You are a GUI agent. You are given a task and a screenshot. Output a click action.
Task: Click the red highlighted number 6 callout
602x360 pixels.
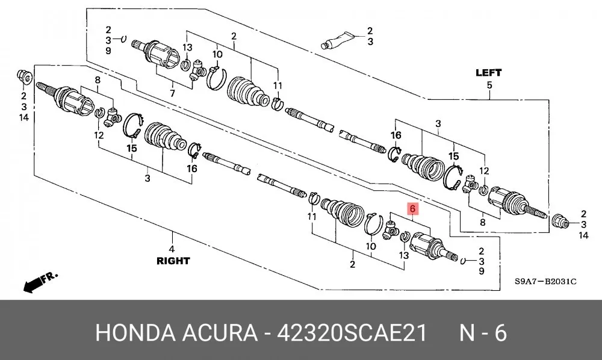[x=412, y=209]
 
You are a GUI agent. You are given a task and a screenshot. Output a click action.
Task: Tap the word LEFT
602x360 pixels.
[x=488, y=72]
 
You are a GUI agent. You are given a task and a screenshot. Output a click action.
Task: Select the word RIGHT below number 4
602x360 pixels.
[x=173, y=261]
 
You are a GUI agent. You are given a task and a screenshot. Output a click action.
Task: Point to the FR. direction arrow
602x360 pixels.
[x=40, y=282]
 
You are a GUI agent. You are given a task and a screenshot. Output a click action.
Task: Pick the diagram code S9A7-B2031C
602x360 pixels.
[x=545, y=281]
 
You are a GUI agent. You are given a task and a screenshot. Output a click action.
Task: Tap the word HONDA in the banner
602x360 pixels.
[x=135, y=333]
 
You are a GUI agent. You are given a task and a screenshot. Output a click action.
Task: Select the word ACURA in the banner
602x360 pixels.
[x=220, y=333]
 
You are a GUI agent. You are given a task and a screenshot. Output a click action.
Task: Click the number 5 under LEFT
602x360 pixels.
[x=489, y=85]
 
